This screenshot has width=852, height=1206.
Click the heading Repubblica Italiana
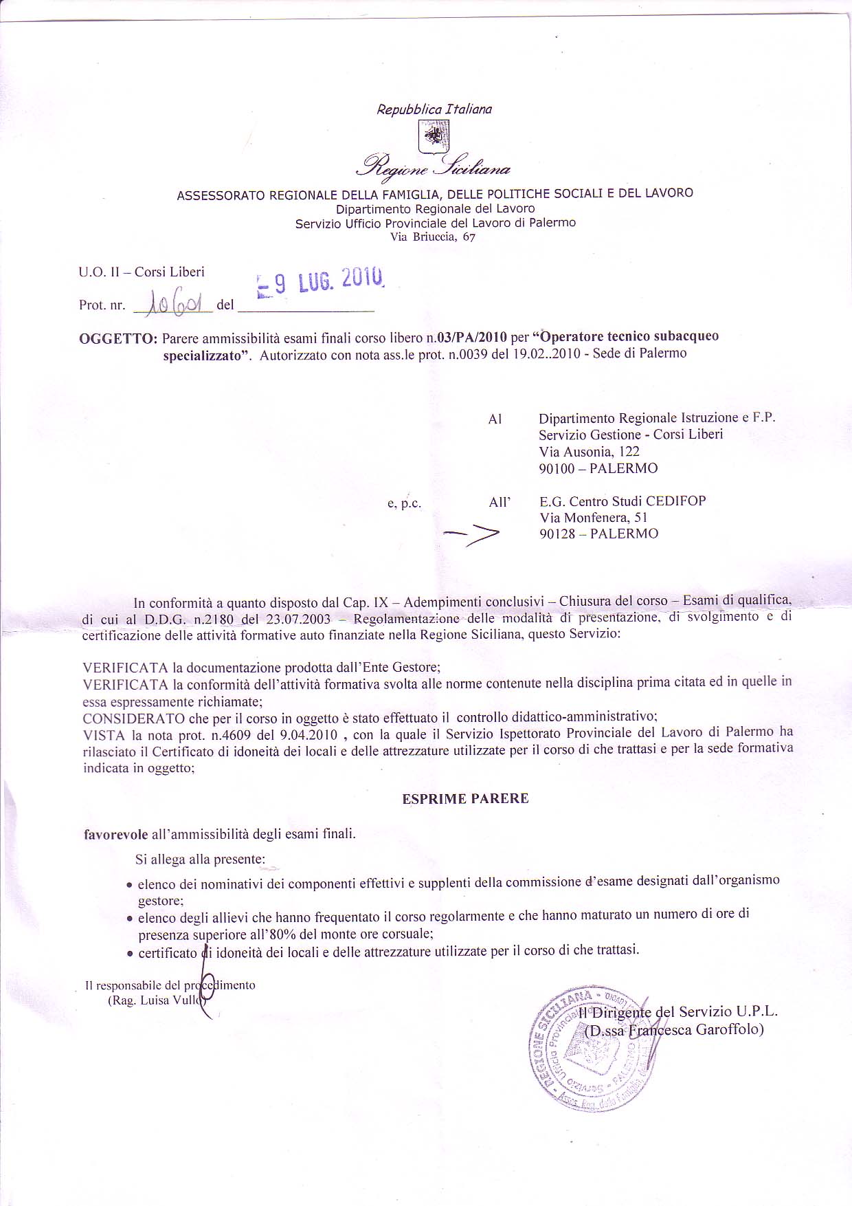pyautogui.click(x=434, y=109)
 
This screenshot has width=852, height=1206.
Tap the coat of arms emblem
pyautogui.click(x=434, y=134)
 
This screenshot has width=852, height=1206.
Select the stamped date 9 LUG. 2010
pyautogui.click(x=320, y=282)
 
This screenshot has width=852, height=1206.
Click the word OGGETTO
pyautogui.click(x=118, y=338)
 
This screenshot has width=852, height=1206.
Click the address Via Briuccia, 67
pyautogui.click(x=432, y=237)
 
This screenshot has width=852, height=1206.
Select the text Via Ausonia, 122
pyautogui.click(x=589, y=452)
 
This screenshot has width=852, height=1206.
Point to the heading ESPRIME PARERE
pyautogui.click(x=465, y=799)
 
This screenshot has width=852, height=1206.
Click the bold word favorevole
pyautogui.click(x=115, y=835)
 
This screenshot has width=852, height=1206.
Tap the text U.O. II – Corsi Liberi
pyautogui.click(x=142, y=272)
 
